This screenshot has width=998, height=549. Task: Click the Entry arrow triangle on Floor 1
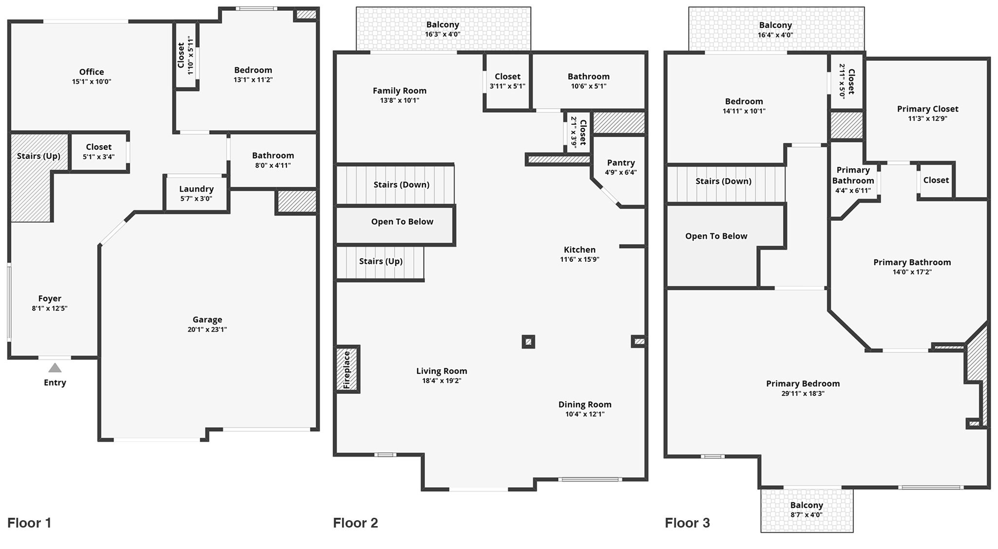[x=55, y=368]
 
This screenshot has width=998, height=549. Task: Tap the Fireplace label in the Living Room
[x=347, y=370]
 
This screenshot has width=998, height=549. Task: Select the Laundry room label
[x=196, y=189]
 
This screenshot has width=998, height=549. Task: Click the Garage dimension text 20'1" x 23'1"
[x=207, y=329]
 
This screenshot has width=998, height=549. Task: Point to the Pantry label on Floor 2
[x=621, y=163]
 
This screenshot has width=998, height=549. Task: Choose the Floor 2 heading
[x=356, y=523]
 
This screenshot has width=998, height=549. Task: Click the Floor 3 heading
[x=688, y=523]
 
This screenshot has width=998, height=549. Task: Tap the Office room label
[x=92, y=72]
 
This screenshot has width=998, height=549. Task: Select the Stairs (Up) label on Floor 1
[x=38, y=156]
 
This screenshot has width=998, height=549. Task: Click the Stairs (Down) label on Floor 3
[x=723, y=181]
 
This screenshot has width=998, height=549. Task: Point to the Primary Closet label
[x=928, y=109]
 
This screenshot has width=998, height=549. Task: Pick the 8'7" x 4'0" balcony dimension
[x=806, y=514]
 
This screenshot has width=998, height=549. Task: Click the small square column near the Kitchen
[x=528, y=341]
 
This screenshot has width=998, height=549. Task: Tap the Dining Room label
[x=585, y=405]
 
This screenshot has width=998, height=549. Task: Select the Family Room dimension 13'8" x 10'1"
[x=400, y=100]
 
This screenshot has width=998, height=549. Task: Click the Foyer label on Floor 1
[x=50, y=299]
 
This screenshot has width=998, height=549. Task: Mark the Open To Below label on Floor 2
[x=402, y=222]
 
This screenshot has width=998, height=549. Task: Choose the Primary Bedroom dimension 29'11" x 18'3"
[x=803, y=393]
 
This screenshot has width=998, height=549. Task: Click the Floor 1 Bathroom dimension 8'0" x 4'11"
[x=273, y=165]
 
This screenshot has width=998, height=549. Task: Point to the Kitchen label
[x=579, y=250]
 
